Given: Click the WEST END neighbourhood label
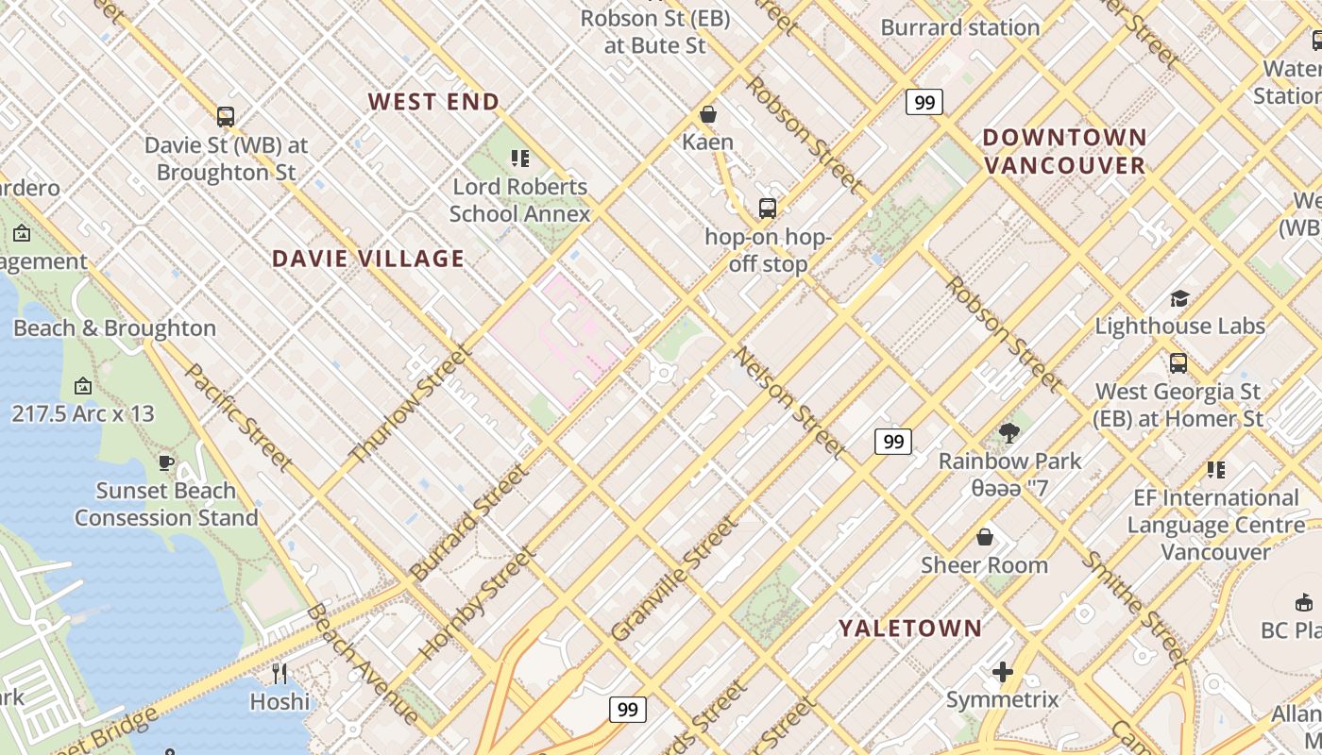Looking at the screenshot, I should pyautogui.click(x=433, y=102).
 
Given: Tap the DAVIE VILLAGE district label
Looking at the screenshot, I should pyautogui.click(x=368, y=259).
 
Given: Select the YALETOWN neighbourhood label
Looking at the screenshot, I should pyautogui.click(x=910, y=628).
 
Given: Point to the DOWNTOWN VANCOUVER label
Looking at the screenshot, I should pyautogui.click(x=1064, y=151).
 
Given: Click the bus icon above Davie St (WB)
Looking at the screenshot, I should pyautogui.click(x=225, y=117).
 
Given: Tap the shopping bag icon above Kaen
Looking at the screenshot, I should pyautogui.click(x=707, y=114).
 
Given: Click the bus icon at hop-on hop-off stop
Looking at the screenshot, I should pyautogui.click(x=767, y=208).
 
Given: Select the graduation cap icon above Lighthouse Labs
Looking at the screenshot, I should pyautogui.click(x=1178, y=299).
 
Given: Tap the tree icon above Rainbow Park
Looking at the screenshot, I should pyautogui.click(x=1008, y=433).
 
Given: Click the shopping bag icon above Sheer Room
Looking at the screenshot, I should pyautogui.click(x=984, y=537).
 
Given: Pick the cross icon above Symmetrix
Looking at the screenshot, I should pyautogui.click(x=1002, y=672).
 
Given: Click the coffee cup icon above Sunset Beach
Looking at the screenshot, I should pyautogui.click(x=165, y=462).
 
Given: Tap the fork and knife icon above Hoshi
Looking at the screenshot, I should pyautogui.click(x=280, y=673).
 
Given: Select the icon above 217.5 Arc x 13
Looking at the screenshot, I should pyautogui.click(x=82, y=385).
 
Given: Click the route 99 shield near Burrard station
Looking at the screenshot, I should pyautogui.click(x=924, y=102).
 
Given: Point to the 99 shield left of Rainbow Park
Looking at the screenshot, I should pyautogui.click(x=892, y=441).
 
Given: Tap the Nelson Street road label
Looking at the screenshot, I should pyautogui.click(x=789, y=402).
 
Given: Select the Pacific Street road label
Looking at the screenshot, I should pyautogui.click(x=238, y=416).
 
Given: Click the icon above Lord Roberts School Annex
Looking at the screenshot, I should pyautogui.click(x=519, y=159).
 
